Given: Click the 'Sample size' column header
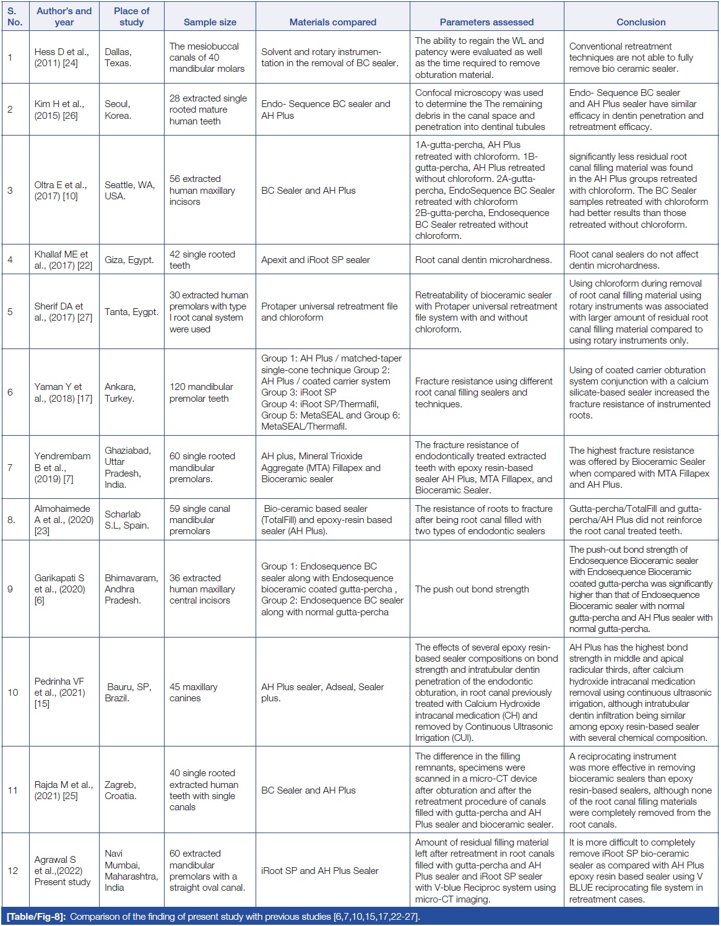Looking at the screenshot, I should tap(210, 22).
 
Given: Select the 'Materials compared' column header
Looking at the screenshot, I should tap(332, 22).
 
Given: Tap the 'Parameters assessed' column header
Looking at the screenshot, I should tap(486, 22).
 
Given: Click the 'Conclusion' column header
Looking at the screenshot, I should tap(641, 22).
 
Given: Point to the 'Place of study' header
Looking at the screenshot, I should tap(131, 17).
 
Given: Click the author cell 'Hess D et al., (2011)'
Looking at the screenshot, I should tap(62, 58).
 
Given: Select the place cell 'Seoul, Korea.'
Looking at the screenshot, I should tap(118, 110).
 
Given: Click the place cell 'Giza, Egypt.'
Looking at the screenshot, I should tap(129, 260).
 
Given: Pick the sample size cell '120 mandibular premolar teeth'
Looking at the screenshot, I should tap(201, 392).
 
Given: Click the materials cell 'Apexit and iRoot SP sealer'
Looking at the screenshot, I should tap(316, 260).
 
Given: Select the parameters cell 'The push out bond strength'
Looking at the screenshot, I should tap(472, 589).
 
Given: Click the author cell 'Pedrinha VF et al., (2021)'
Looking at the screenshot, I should tap(59, 692).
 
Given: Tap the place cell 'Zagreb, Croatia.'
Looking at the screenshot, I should tap(120, 790).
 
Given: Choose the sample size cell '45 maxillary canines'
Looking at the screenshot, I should tap(194, 692).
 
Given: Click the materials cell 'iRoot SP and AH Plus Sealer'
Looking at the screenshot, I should tap(320, 870).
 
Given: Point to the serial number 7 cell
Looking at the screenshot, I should tap(10, 467).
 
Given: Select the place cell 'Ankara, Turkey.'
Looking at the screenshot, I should tap(120, 392).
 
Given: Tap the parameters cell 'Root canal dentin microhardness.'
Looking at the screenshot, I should tap(483, 260).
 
